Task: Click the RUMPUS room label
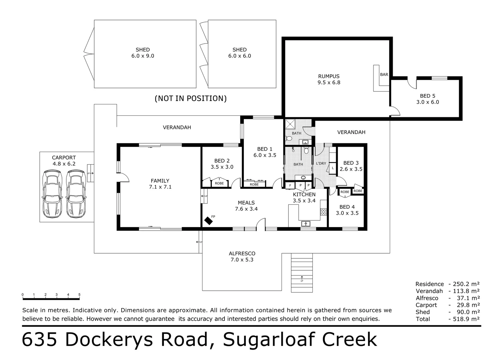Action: click(x=329, y=76)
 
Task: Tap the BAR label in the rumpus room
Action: click(x=384, y=75)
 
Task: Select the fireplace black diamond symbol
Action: click(x=208, y=221)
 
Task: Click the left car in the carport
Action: click(x=52, y=194)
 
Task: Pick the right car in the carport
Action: click(x=76, y=194)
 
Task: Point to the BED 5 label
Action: click(x=427, y=96)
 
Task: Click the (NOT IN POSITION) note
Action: click(x=191, y=98)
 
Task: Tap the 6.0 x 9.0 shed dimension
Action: click(x=143, y=56)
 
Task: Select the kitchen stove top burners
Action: click(x=323, y=212)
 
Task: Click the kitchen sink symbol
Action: click(x=306, y=224)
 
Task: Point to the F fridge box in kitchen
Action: click(x=290, y=186)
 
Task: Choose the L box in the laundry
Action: click(x=333, y=168)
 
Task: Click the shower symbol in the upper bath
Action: click(x=290, y=124)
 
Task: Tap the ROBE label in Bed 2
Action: click(x=219, y=183)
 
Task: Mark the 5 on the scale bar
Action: click(x=79, y=294)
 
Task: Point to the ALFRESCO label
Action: click(x=242, y=254)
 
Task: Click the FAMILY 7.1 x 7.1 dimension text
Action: click(x=160, y=187)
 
